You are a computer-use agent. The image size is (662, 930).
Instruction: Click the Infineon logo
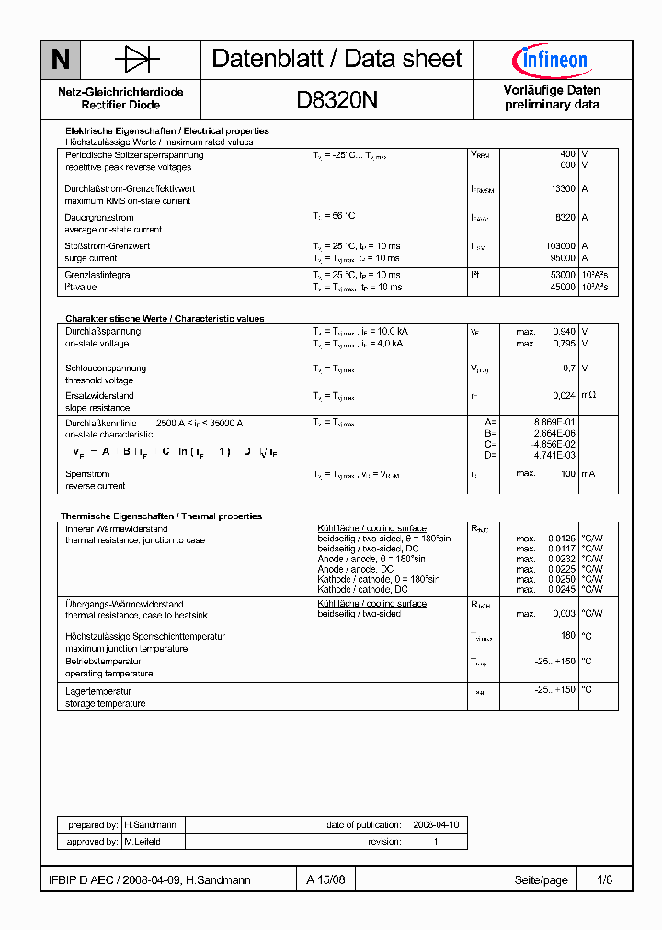(550, 61)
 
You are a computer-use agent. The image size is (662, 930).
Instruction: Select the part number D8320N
(337, 99)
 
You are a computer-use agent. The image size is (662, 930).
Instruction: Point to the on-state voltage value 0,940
(564, 331)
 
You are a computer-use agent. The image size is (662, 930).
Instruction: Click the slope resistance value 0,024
(564, 395)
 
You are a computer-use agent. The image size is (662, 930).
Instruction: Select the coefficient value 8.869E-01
(556, 421)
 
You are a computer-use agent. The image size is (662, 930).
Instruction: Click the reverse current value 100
(567, 473)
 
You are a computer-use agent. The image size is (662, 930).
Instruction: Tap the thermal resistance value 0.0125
(562, 538)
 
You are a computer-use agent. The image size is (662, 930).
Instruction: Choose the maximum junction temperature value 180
(568, 635)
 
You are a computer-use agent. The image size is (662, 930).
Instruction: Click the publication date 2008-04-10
(436, 825)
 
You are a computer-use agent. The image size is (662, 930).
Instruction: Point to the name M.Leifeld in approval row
(142, 842)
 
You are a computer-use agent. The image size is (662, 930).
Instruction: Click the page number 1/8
(604, 879)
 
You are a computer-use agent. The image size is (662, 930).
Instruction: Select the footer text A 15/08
(326, 879)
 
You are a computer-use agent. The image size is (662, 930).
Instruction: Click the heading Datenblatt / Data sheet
(337, 59)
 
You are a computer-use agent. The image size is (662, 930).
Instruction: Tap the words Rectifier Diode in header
(120, 105)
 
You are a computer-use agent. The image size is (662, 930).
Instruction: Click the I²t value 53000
(563, 274)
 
